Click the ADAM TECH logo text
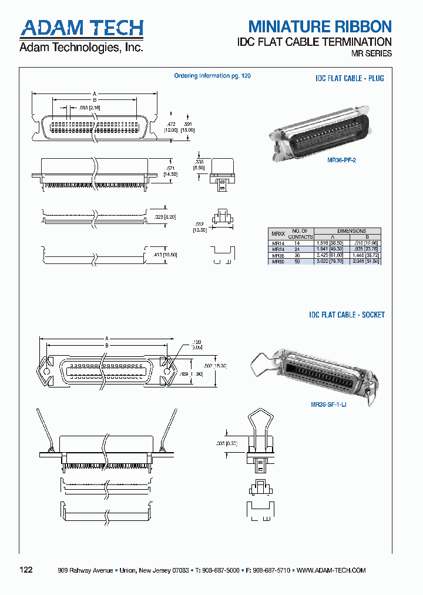click(x=81, y=28)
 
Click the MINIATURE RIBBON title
click(x=319, y=26)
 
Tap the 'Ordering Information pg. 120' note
click(x=212, y=76)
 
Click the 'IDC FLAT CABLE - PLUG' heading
click(x=349, y=78)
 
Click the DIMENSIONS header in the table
click(x=351, y=231)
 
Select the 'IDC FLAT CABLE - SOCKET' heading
click(x=347, y=315)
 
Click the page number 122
click(x=26, y=570)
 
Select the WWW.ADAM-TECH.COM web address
click(x=331, y=570)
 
